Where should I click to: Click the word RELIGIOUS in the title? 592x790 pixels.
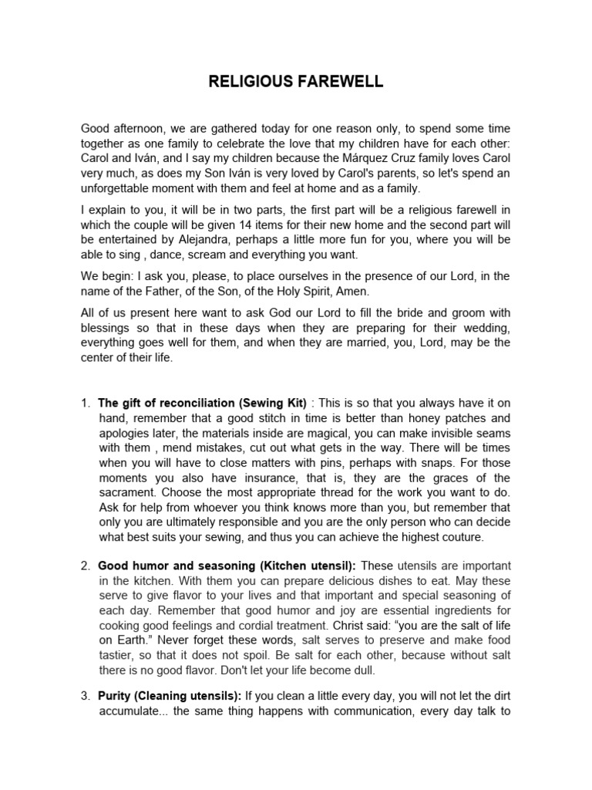click(248, 83)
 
